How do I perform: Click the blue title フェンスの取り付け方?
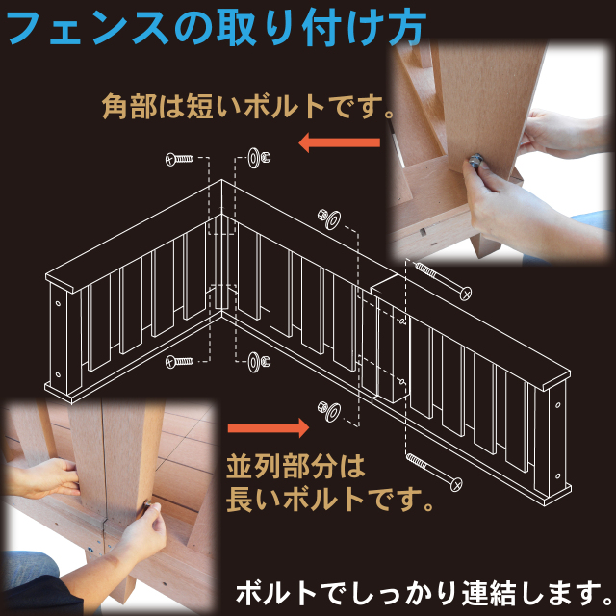(x=216, y=28)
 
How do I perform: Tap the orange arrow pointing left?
(x=340, y=142)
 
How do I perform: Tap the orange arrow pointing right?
(x=269, y=427)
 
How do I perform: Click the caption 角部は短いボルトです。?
(x=248, y=107)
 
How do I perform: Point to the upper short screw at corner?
(x=179, y=159)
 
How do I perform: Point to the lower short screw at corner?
(x=179, y=361)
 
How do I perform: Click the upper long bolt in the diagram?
(x=443, y=280)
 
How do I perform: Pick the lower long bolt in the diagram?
(x=434, y=472)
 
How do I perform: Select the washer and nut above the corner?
(x=259, y=158)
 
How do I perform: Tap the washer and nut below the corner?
(x=259, y=362)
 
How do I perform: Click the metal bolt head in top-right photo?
(x=476, y=161)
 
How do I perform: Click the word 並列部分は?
(x=295, y=467)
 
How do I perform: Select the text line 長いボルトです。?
(x=329, y=499)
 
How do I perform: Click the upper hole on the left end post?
(x=58, y=304)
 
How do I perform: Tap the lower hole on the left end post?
(x=58, y=374)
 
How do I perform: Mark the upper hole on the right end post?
(x=558, y=405)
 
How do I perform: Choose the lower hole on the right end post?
(x=558, y=476)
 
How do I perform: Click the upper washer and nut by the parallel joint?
(x=329, y=219)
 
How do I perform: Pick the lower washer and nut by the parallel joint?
(x=329, y=411)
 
